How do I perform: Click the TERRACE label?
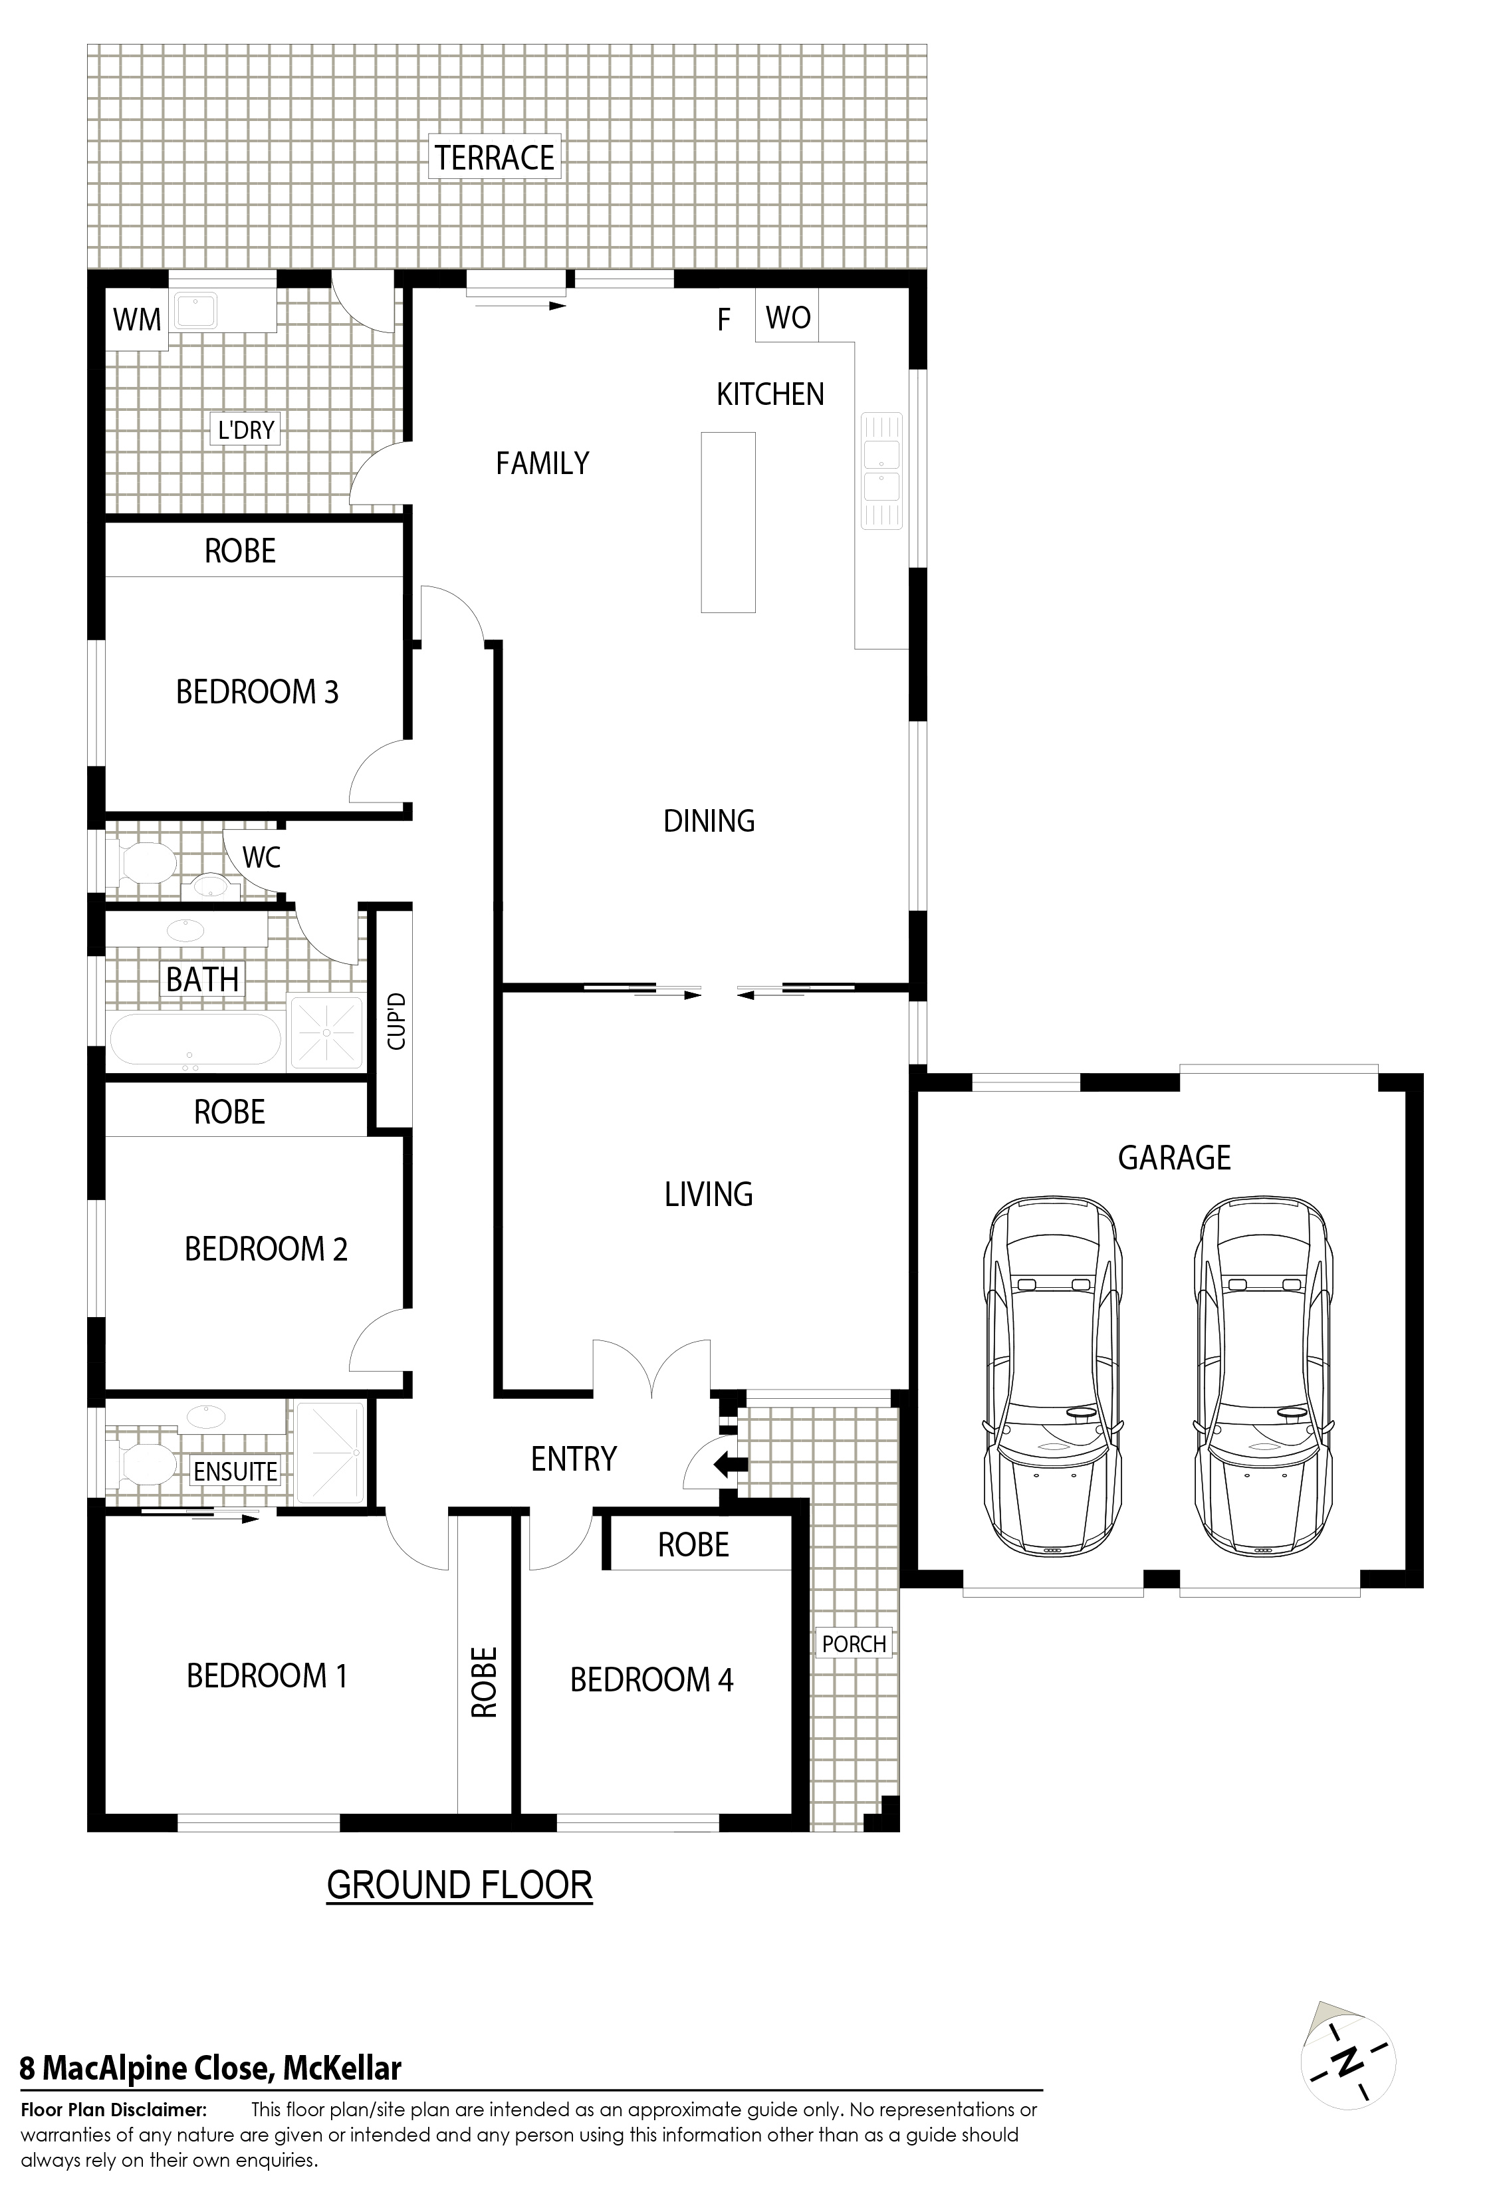pyautogui.click(x=495, y=157)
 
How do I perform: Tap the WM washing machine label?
pyautogui.click(x=137, y=320)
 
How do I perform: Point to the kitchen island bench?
pyautogui.click(x=728, y=522)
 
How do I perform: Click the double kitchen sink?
pyautogui.click(x=881, y=471)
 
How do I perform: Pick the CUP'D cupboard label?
pyautogui.click(x=396, y=1021)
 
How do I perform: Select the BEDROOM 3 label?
pyautogui.click(x=257, y=692)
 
